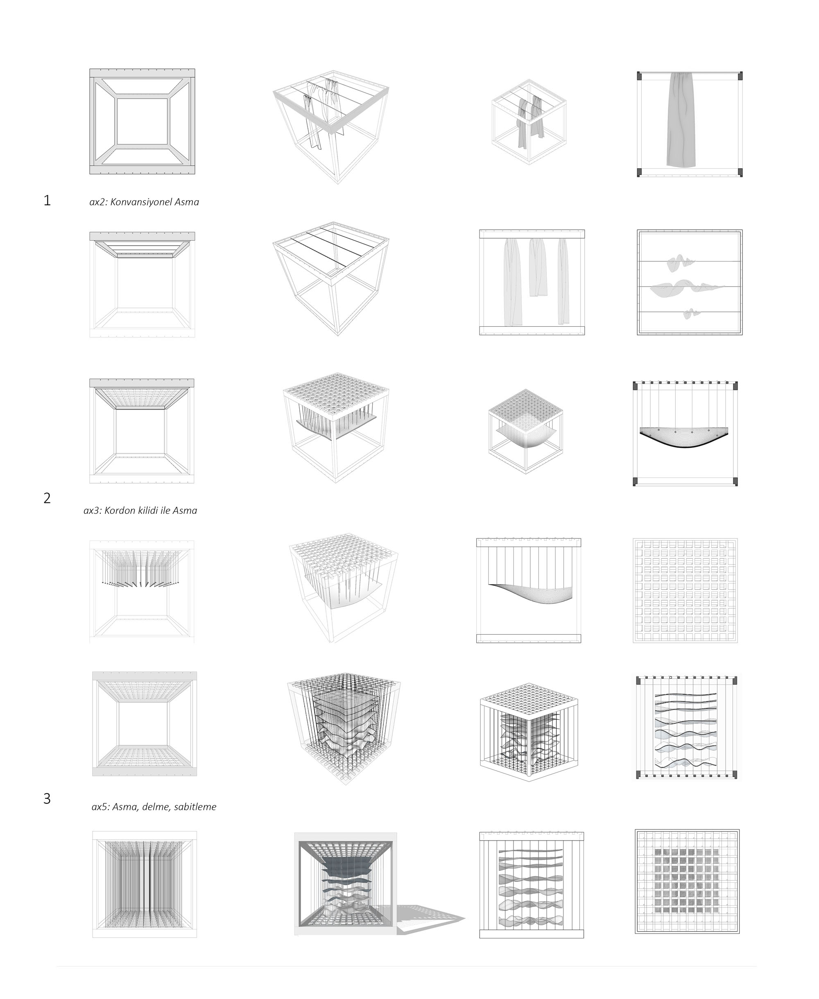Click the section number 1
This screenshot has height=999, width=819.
coord(47,201)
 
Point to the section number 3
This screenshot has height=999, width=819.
coord(47,798)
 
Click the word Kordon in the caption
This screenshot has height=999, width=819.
coord(119,510)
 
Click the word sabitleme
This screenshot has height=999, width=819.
coord(195,807)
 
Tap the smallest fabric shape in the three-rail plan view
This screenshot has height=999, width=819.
coord(692,313)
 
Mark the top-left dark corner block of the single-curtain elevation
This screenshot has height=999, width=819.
coord(640,75)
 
